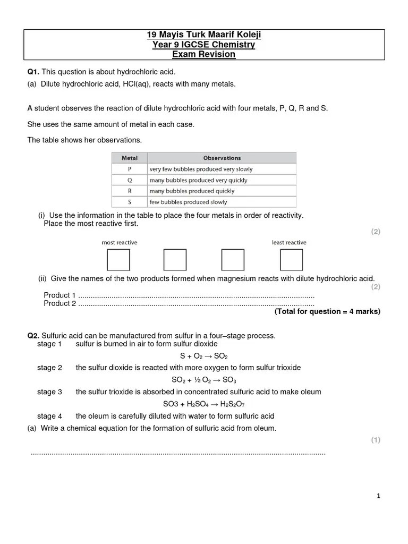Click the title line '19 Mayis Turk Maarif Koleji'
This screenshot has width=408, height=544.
(x=204, y=36)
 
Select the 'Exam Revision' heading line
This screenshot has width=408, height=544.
(x=204, y=54)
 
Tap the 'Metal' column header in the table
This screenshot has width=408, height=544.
(x=130, y=158)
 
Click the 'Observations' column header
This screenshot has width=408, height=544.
(x=222, y=158)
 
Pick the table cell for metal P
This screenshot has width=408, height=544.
(x=130, y=169)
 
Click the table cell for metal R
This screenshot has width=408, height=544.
(x=130, y=191)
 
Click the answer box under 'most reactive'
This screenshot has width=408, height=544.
(x=118, y=260)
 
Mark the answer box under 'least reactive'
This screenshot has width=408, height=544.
(x=291, y=260)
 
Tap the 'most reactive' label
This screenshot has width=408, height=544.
(x=120, y=242)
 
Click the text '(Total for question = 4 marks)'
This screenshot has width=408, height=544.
(x=327, y=312)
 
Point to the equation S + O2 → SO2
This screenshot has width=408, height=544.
(x=204, y=356)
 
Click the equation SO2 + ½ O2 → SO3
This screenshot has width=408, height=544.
(x=204, y=380)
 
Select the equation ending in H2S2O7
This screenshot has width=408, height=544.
(x=204, y=404)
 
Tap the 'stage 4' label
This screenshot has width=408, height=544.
(x=49, y=416)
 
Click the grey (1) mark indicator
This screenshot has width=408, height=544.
(x=376, y=440)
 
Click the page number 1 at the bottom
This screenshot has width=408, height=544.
(x=378, y=496)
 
